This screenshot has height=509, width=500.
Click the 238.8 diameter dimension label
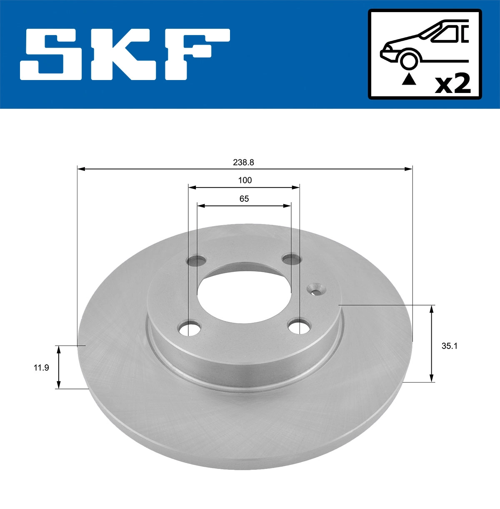click(243, 162)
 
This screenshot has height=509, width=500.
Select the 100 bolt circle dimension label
click(245, 181)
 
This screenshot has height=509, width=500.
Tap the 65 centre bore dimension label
click(244, 198)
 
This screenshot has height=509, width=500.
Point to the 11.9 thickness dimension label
click(41, 368)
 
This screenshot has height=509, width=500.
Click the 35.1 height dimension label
click(449, 346)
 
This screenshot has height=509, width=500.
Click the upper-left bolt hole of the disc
click(196, 261)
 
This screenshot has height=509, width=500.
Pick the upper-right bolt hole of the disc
click(292, 259)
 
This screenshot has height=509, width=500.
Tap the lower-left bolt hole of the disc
click(190, 328)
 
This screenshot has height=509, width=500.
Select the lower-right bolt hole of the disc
click(299, 327)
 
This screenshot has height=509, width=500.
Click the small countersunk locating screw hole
click(316, 289)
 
